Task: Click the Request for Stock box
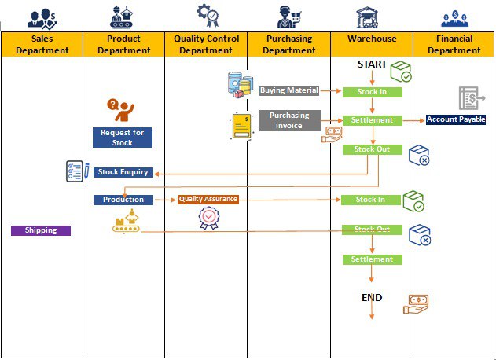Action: (x=122, y=138)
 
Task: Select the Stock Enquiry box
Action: (x=122, y=172)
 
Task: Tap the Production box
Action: (x=123, y=200)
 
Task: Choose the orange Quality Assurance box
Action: (x=208, y=200)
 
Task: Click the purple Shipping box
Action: (x=41, y=230)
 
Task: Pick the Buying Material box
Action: (x=288, y=90)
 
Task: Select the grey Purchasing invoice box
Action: (x=289, y=120)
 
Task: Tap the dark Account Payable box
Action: (x=456, y=119)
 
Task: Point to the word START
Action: (x=371, y=64)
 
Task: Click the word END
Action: (x=372, y=298)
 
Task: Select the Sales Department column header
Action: (x=42, y=44)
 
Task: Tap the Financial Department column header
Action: (x=454, y=44)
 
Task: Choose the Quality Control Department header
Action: (x=206, y=44)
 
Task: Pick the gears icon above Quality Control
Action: (x=207, y=15)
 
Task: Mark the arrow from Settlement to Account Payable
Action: (x=413, y=120)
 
